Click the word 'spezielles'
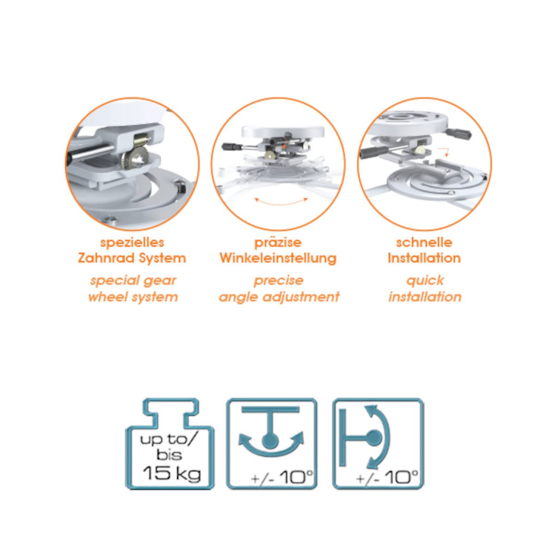point(132,242)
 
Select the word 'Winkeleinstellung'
point(278,258)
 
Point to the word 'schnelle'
point(424,242)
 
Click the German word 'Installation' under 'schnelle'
point(424,258)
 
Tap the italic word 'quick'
point(425,281)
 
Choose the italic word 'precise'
point(278,281)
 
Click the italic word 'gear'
point(160,281)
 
